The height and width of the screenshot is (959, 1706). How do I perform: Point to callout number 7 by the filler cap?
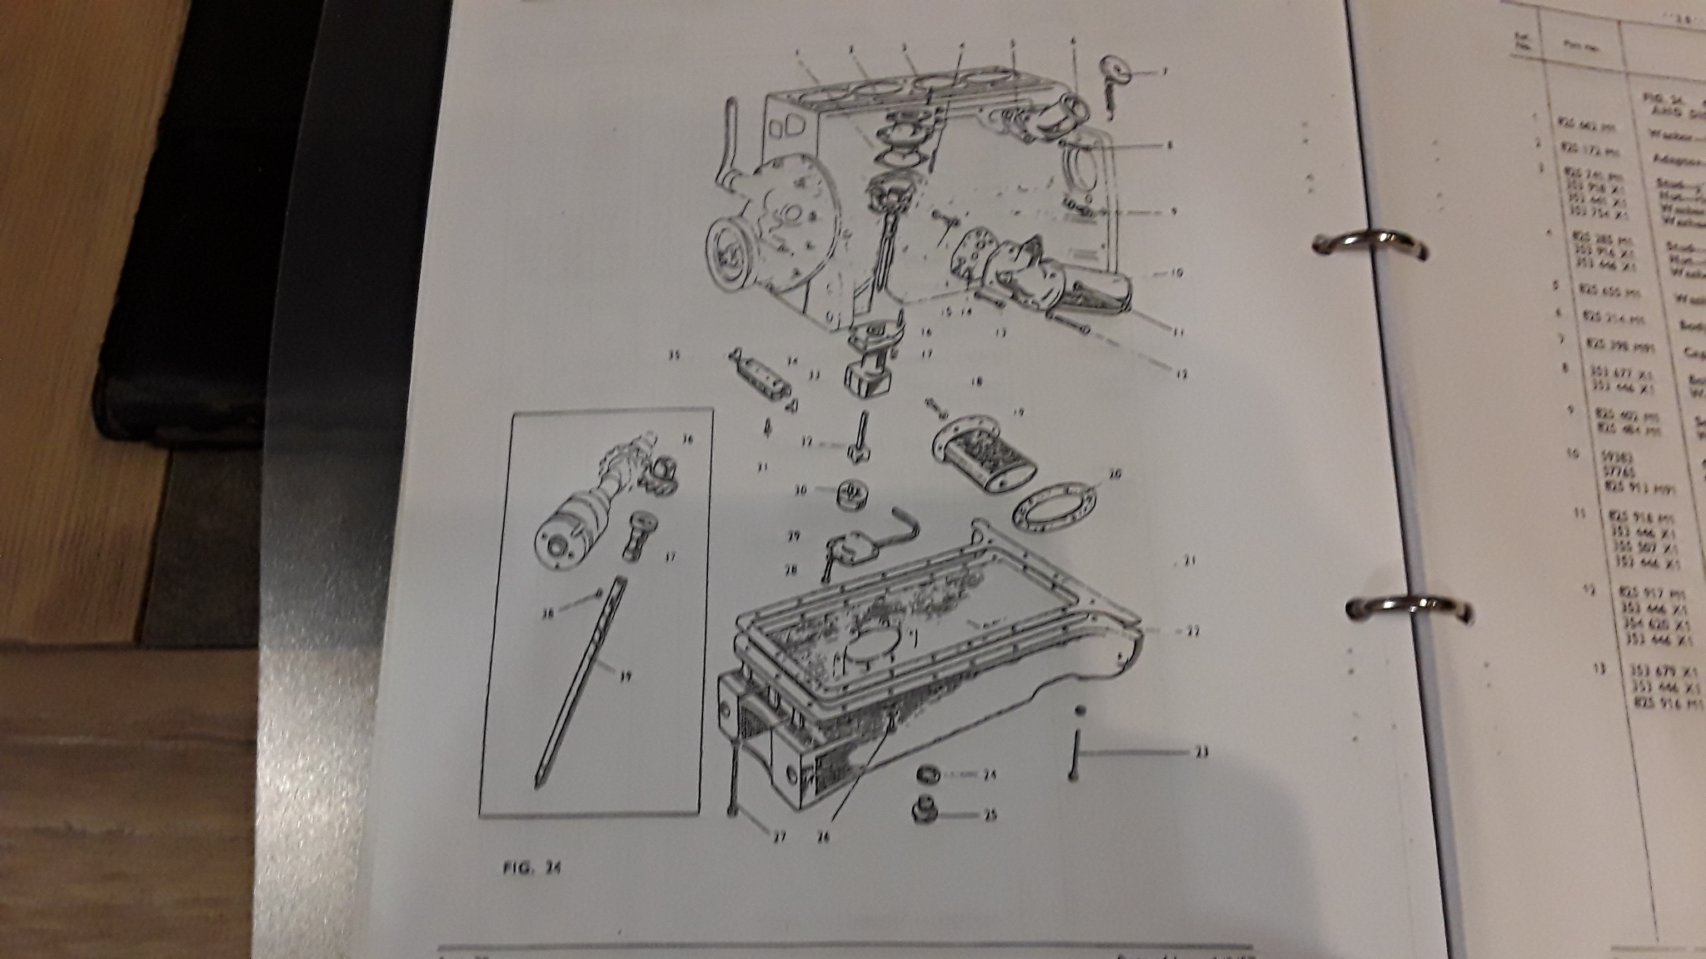tap(1165, 72)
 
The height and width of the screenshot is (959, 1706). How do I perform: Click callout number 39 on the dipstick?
tap(626, 677)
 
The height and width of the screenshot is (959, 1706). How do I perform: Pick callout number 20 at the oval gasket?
tap(1115, 474)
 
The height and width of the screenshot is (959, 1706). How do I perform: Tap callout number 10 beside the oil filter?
tap(1177, 272)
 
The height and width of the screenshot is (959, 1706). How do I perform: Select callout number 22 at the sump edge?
tap(1192, 631)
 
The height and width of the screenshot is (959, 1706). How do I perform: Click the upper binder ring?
tap(1366, 245)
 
